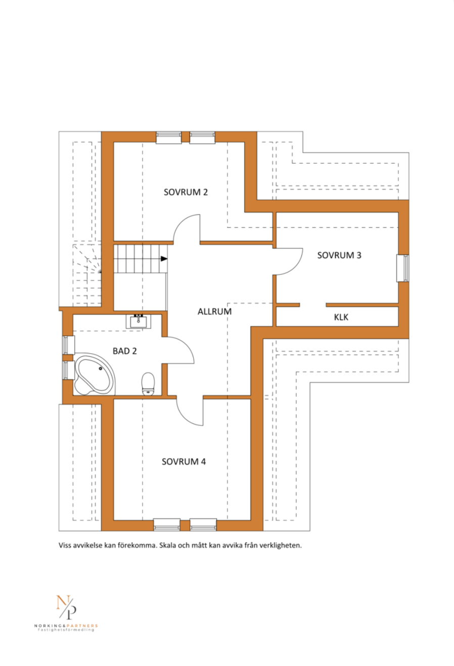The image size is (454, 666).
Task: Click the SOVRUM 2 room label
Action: tap(186, 192)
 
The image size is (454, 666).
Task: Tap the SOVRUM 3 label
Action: tap(339, 255)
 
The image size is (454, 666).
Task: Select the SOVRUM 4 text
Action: tap(184, 461)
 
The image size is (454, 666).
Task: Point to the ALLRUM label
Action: tap(214, 312)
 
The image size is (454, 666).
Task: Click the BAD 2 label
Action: tap(125, 351)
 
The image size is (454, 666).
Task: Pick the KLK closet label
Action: tap(341, 317)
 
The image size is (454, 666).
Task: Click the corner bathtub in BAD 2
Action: tap(94, 374)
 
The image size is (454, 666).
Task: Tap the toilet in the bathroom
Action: tap(148, 384)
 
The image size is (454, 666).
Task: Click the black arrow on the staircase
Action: tap(164, 259)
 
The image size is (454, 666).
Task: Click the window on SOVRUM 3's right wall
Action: tap(403, 268)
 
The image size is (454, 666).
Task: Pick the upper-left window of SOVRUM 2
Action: tap(169, 137)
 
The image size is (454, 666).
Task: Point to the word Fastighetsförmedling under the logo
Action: tap(66, 630)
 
